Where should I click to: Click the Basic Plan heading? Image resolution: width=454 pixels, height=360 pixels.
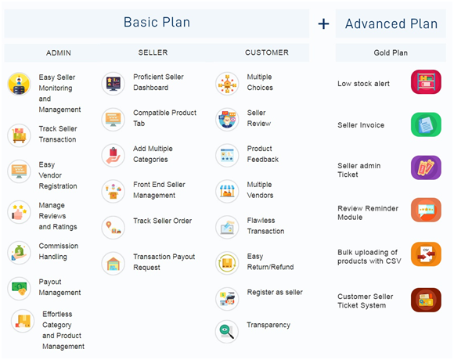157,22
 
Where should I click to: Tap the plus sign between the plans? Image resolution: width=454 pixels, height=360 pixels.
323,23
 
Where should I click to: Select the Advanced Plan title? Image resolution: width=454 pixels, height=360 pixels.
391,23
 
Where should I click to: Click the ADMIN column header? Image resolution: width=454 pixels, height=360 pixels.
59,53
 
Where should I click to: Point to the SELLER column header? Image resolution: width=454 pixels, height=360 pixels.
153,52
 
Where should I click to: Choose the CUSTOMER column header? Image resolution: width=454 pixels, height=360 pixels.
267,52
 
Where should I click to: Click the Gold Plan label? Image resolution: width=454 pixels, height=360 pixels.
391,52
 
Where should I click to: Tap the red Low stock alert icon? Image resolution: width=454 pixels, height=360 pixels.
426,82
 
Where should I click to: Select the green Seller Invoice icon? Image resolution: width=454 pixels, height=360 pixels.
426,124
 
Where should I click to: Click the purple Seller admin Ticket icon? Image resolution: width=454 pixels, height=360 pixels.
426,167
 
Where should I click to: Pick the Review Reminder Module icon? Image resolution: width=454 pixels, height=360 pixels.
426,210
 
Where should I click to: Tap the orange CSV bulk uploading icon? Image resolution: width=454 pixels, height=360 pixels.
426,254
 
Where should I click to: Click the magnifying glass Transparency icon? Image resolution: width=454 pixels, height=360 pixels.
227,332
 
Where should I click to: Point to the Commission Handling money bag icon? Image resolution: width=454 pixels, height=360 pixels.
19,253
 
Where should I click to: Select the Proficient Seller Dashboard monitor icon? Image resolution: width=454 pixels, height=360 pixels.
113,84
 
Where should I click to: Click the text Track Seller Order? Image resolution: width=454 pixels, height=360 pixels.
163,221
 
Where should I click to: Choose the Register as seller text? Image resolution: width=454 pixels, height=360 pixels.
275,292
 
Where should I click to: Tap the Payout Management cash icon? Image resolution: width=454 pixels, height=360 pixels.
19,289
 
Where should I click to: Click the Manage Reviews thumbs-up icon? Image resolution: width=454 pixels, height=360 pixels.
19,212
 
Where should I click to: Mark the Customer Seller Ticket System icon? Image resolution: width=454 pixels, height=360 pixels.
426,300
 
